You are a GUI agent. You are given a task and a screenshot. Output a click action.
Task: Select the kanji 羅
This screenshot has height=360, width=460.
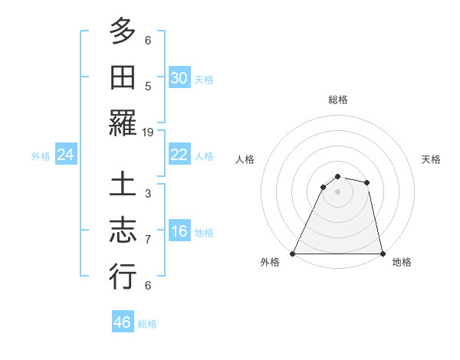pyautogui.click(x=123, y=123)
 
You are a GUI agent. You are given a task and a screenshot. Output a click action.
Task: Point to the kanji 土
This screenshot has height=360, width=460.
pyautogui.click(x=123, y=186)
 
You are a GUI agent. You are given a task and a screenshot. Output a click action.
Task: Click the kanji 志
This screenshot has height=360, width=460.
pyautogui.click(x=123, y=231)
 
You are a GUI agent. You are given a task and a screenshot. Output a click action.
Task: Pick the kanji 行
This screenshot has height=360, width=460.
pyautogui.click(x=123, y=277)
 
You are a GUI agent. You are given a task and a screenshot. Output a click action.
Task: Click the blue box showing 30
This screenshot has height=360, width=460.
pyautogui.click(x=179, y=78)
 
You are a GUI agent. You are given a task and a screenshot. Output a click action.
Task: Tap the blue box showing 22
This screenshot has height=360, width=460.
pyautogui.click(x=179, y=155)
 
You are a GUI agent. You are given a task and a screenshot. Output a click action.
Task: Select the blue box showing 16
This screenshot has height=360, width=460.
pyautogui.click(x=179, y=231)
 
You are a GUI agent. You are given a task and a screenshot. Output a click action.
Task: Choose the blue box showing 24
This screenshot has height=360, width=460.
pyautogui.click(x=65, y=155)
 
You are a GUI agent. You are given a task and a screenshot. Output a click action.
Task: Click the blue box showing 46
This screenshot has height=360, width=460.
pyautogui.click(x=123, y=322)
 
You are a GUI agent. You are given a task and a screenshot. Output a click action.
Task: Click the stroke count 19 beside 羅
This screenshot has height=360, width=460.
pyautogui.click(x=148, y=132)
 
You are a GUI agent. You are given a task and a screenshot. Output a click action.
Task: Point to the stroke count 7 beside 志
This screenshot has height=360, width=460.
pyautogui.click(x=148, y=240)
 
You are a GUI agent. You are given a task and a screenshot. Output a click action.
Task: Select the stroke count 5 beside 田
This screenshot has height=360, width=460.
pyautogui.click(x=148, y=86)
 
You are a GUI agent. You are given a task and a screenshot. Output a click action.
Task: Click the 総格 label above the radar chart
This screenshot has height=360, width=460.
pyautogui.click(x=337, y=100)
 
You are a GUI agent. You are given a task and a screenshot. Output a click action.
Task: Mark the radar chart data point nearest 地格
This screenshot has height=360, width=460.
pyautogui.click(x=382, y=254)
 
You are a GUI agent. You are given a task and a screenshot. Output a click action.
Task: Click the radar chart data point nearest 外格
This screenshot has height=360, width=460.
pyautogui.click(x=293, y=254)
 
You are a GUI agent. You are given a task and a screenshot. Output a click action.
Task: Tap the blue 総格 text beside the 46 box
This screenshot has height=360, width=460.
pyautogui.click(x=147, y=323)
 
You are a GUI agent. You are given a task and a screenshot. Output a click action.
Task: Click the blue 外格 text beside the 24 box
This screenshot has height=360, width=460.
pyautogui.click(x=41, y=156)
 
